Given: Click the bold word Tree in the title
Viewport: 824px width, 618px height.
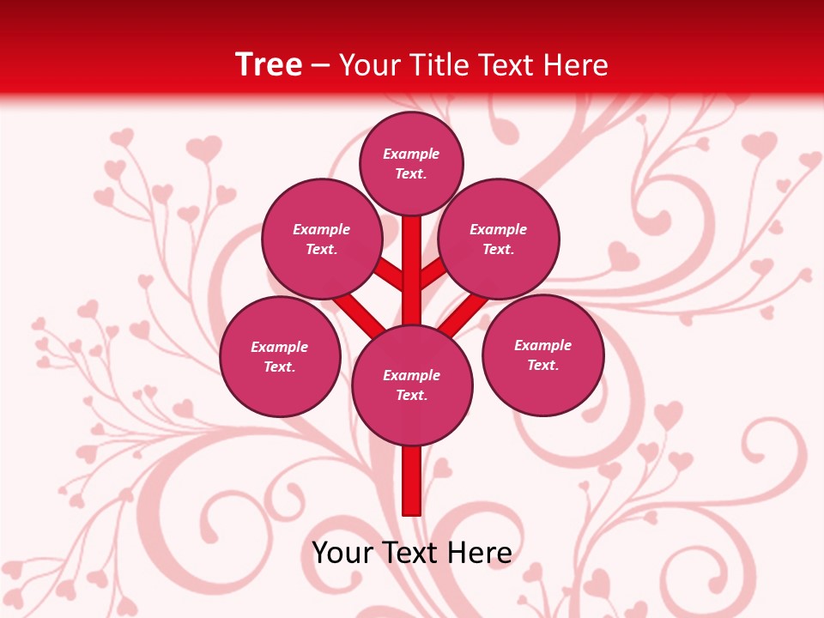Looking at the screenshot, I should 269,64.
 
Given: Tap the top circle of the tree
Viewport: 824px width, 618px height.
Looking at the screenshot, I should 411,163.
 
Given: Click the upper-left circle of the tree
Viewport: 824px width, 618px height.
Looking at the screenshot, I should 321,239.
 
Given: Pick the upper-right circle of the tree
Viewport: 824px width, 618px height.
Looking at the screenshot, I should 499,239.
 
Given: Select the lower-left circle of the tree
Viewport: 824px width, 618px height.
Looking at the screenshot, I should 280,356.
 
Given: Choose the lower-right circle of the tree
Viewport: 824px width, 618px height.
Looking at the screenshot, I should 542,354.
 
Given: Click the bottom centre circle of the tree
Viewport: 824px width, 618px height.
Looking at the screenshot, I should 412,385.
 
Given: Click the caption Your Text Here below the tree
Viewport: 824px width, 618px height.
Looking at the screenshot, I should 412,552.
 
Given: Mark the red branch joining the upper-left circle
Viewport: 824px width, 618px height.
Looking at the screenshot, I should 388,273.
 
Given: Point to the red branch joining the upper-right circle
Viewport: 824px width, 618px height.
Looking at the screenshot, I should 434,273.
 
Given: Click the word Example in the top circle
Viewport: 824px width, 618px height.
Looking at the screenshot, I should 411,154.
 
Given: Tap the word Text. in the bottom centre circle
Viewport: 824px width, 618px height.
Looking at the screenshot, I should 411,396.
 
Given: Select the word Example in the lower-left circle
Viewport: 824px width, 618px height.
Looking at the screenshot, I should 279,347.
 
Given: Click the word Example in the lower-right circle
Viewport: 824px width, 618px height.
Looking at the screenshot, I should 542,345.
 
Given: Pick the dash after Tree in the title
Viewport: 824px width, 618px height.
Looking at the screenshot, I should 321,65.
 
